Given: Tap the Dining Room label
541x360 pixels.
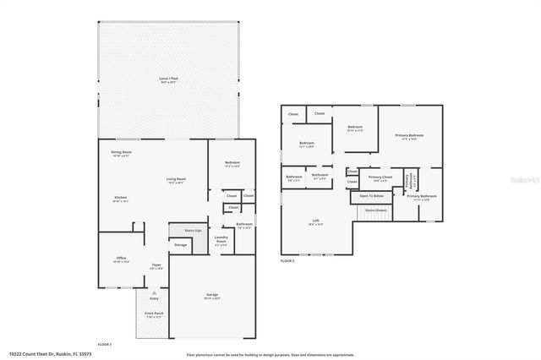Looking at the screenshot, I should [120, 153].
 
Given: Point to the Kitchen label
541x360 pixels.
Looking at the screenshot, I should [120, 198].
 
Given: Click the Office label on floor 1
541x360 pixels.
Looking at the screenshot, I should [120, 259].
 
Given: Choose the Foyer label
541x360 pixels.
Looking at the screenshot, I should [156, 265].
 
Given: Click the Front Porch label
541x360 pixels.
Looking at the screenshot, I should [154, 314].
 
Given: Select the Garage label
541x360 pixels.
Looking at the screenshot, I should [211, 295].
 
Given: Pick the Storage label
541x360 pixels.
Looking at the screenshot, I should [180, 244].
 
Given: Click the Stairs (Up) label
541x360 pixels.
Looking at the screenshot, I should [193, 230].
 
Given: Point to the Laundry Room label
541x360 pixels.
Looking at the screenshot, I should [222, 240].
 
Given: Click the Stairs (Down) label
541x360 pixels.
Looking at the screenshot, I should [375, 210].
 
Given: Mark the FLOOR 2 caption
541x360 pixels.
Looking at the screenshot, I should [288, 261].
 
